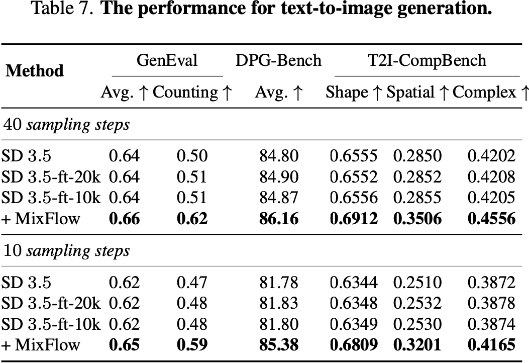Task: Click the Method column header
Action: [35, 70]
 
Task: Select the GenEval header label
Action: [167, 61]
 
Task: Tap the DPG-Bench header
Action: [279, 61]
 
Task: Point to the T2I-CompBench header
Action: [427, 61]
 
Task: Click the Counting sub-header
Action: [192, 93]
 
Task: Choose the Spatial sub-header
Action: [416, 93]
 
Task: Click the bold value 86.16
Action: [279, 219]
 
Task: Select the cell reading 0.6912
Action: [353, 219]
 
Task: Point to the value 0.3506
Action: [416, 219]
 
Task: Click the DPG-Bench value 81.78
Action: [279, 282]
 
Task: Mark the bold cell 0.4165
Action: [491, 345]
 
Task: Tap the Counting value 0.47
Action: [192, 282]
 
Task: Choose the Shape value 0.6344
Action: [353, 282]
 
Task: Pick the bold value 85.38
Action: [279, 345]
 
